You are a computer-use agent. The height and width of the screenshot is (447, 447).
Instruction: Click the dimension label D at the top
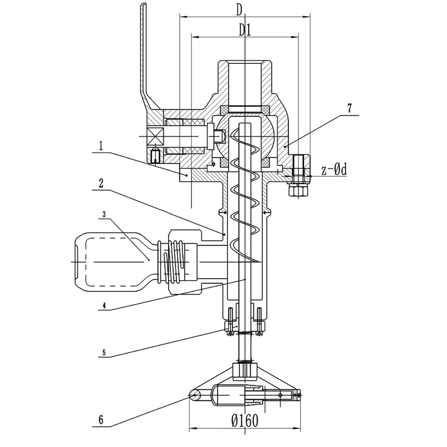pos(239,10)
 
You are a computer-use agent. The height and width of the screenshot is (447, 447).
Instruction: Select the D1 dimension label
pos(245,30)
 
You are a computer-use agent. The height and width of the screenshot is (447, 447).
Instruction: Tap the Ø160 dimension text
pos(245,420)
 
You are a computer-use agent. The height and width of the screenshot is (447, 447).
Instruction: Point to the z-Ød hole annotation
pos(334,170)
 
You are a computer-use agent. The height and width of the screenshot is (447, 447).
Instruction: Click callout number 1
pos(101,147)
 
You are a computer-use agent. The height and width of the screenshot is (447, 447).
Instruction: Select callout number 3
pos(104,214)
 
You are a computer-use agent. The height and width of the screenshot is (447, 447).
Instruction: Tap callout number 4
pos(104,306)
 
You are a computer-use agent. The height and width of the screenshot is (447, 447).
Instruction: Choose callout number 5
pos(104,353)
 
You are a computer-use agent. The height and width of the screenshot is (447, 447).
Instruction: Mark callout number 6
pos(101,420)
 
